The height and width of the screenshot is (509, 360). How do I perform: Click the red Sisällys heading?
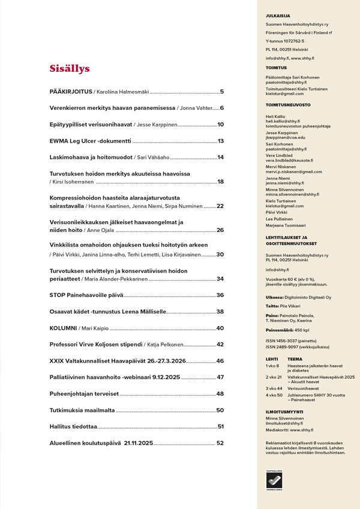click(x=70, y=68)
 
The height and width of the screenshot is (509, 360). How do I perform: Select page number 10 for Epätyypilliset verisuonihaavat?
click(x=220, y=124)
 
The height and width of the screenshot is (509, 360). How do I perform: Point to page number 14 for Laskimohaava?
click(x=220, y=157)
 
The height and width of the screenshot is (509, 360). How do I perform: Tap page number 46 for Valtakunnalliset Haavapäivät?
click(x=220, y=361)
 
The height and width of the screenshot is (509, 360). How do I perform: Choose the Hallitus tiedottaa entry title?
click(x=73, y=426)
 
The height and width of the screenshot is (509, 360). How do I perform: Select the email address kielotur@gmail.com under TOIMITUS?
click(x=285, y=94)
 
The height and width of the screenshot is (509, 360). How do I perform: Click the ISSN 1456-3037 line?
click(x=290, y=341)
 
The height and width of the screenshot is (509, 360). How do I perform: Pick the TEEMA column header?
click(x=295, y=359)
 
